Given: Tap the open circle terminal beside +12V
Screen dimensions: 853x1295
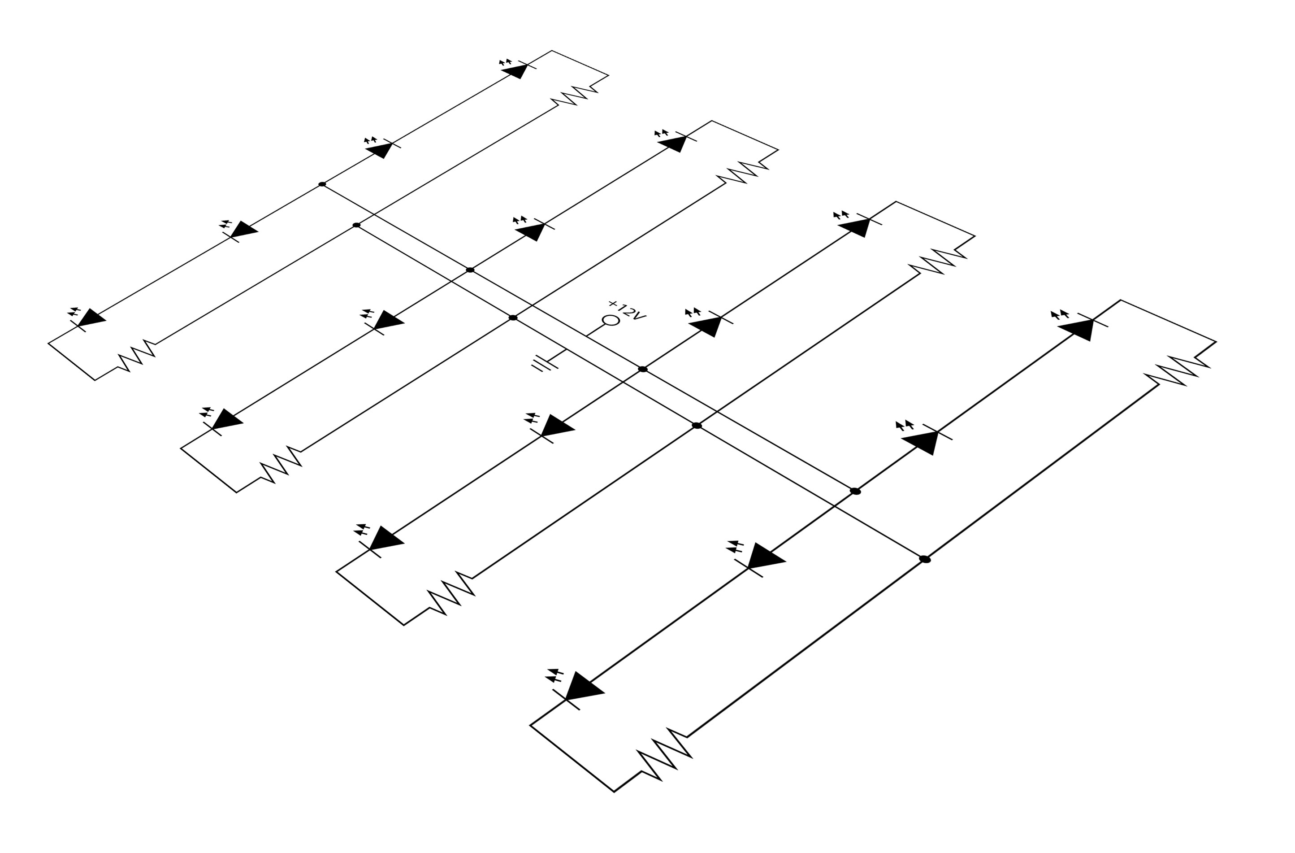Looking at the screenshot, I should click(611, 320).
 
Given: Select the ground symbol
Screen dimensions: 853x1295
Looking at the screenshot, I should click(544, 364).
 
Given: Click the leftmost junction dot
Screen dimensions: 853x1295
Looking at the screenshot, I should click(322, 184).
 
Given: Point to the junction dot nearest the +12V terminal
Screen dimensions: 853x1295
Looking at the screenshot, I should click(643, 369).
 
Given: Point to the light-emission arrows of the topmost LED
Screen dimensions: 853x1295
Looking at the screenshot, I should click(506, 61).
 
